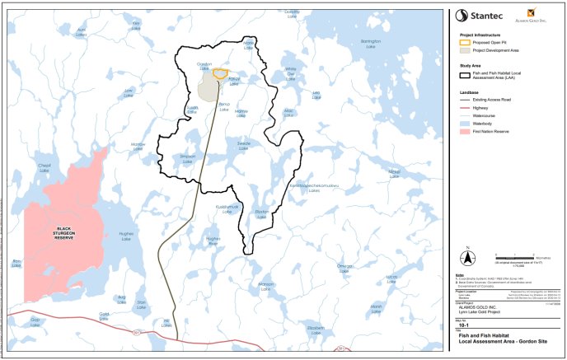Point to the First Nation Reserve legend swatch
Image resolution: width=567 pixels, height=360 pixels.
tap(463, 131)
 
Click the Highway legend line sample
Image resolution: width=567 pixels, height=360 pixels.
tap(463, 109)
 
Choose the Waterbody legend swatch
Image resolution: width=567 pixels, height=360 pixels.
tap(463, 124)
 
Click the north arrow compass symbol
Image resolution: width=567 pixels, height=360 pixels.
tap(467, 254)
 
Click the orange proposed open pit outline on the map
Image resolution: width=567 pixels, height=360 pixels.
tap(220, 72)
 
